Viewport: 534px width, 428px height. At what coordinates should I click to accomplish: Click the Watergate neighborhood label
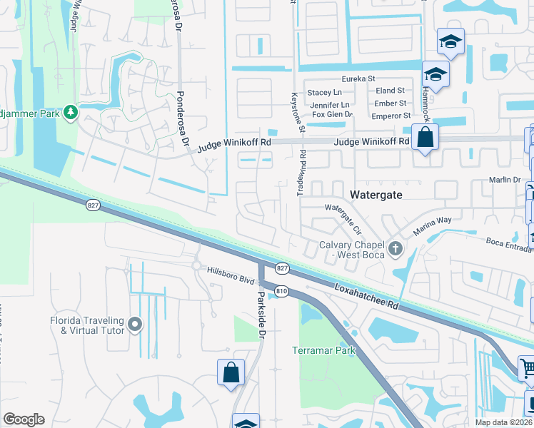click(x=376, y=195)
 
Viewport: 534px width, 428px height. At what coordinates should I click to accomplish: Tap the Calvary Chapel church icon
click(x=397, y=248)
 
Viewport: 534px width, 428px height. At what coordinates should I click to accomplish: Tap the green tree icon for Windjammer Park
click(x=70, y=112)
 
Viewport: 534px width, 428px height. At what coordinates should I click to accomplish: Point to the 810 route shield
click(x=282, y=291)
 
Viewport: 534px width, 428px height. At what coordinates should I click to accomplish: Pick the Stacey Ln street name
click(x=324, y=93)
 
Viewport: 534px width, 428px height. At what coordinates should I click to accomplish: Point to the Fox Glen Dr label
click(x=332, y=114)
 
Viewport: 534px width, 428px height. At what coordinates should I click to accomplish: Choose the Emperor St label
click(x=392, y=116)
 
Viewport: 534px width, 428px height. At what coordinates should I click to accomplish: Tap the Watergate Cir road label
click(x=344, y=215)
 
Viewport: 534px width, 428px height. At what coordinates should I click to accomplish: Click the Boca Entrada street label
click(x=510, y=245)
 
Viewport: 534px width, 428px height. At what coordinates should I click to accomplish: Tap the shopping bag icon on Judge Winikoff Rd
click(x=425, y=138)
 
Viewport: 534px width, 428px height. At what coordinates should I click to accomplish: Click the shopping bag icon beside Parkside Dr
click(x=231, y=372)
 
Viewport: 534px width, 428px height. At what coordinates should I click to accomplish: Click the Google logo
click(x=24, y=419)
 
